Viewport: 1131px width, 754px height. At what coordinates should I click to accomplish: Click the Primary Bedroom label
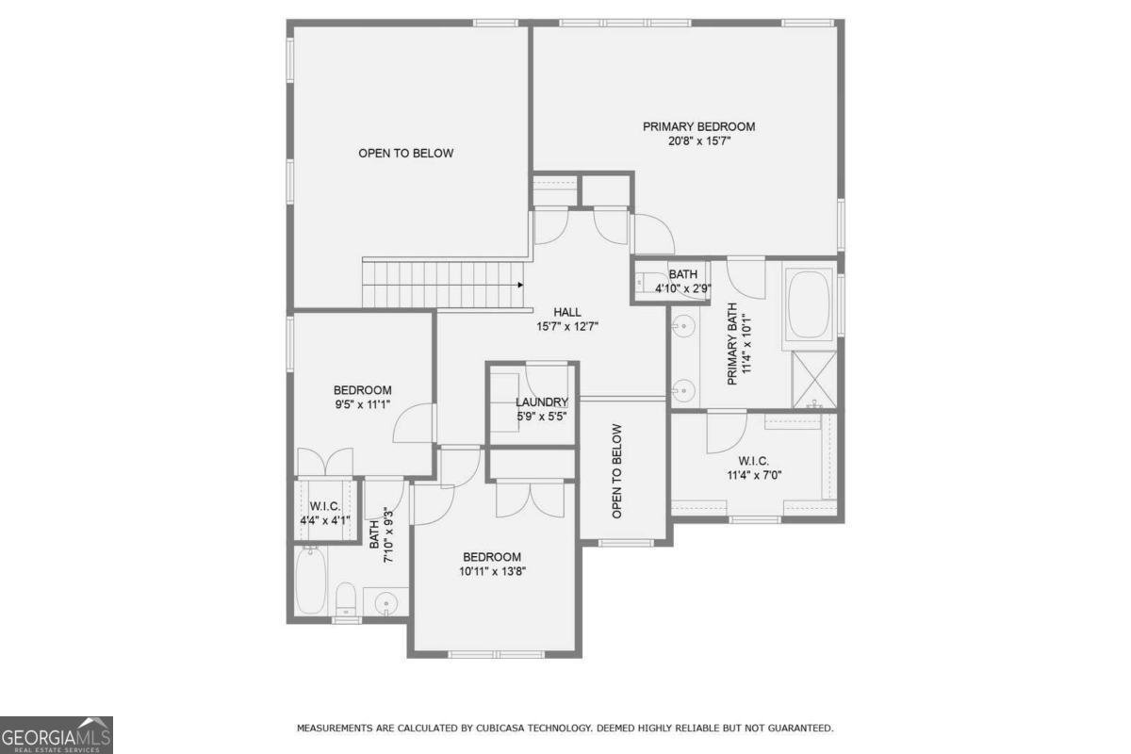coord(698,126)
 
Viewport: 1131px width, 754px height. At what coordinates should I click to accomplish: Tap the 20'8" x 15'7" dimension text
coord(699,141)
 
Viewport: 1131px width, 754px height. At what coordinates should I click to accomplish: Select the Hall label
coord(567,312)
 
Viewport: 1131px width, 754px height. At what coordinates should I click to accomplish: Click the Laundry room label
coord(542,402)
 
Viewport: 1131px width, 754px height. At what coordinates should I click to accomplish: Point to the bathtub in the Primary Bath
coord(809,304)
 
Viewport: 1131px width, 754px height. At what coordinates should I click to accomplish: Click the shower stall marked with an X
coord(814,379)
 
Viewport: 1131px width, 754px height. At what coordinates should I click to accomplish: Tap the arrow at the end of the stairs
coord(520,285)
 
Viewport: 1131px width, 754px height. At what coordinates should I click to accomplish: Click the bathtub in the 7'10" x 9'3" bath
coord(310,582)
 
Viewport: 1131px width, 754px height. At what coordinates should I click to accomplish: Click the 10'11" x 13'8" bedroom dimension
coord(492,572)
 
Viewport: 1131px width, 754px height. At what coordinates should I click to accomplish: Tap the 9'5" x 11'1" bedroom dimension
coord(362,405)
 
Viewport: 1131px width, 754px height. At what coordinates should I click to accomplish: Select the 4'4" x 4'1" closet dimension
coord(325,520)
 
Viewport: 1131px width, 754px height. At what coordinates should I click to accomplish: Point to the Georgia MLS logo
coord(56,735)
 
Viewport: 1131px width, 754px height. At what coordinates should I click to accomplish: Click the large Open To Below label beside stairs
coord(406,154)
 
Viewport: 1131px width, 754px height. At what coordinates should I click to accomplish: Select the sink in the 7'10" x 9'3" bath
coord(386,602)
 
